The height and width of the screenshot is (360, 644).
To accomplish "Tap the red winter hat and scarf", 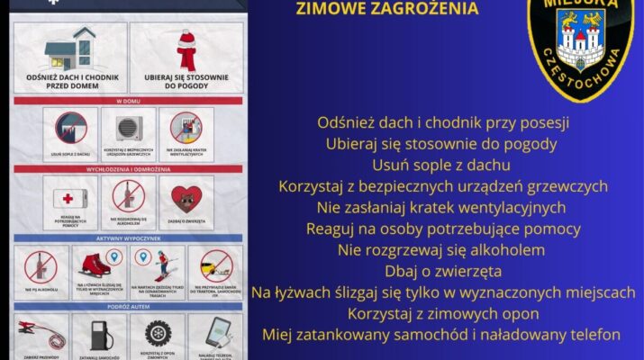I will pyautogui.click(x=187, y=49).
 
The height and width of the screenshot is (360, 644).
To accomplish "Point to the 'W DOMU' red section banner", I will pyautogui.click(x=129, y=101).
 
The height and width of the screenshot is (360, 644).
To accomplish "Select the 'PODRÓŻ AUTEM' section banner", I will pyautogui.click(x=129, y=307).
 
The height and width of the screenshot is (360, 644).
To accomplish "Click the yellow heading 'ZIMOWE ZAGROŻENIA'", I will pyautogui.click(x=387, y=10).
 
